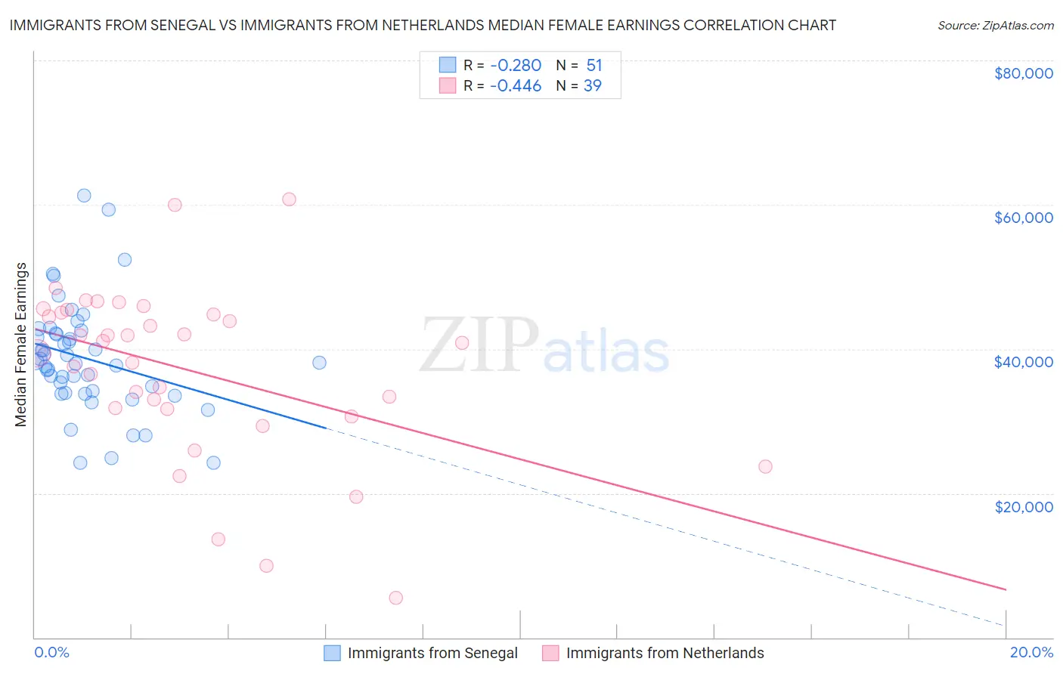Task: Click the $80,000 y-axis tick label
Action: pos(1024,73)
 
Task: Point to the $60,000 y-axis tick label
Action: pos(1024,218)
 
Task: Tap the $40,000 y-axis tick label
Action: pos(1024,362)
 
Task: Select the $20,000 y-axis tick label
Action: pos(1024,506)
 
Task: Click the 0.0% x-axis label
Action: pos(51,652)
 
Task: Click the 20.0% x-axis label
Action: pos(1031,652)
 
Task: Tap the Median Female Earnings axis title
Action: pos(21,345)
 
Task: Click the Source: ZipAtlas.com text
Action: pos(996,25)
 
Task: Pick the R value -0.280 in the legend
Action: pos(516,66)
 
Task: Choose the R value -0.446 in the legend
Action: pos(516,86)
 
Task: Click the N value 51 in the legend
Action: pos(594,66)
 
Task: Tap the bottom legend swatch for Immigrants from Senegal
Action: pos(333,653)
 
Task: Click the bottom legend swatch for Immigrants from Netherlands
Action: pos(550,653)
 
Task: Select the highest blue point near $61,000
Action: pos(84,196)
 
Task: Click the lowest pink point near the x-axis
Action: pos(395,598)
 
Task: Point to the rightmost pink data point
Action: pos(765,466)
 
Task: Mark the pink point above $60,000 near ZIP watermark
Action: pos(289,199)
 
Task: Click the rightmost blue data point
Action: pos(319,363)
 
